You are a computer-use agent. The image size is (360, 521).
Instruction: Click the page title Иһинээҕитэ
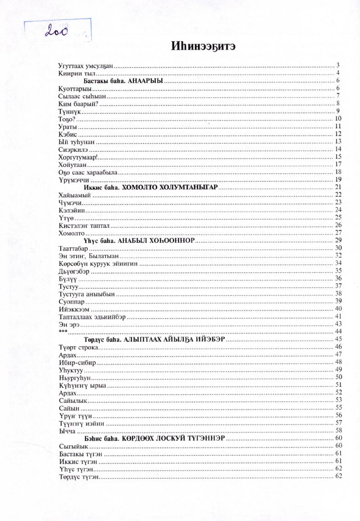point(204,46)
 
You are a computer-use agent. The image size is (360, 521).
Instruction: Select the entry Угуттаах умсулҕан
point(86,65)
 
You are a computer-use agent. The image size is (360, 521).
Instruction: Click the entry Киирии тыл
point(76,73)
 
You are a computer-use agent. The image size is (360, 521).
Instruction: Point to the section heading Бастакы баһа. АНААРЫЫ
point(123,80)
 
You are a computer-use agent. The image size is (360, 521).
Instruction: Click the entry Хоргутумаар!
point(79,157)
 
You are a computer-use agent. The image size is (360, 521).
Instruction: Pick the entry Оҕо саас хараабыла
point(88,172)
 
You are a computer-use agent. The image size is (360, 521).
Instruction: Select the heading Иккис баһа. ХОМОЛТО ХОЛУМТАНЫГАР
point(151,187)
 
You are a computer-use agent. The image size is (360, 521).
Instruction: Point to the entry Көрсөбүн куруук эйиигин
point(98,263)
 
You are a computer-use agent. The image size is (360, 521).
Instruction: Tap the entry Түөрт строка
point(79,347)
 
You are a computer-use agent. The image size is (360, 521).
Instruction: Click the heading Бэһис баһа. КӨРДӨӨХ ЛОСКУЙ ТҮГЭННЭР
point(154,438)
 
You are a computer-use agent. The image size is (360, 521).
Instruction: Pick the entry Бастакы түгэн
point(80,453)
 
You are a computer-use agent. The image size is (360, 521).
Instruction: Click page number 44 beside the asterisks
point(339,332)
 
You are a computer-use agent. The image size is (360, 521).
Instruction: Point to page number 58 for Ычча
point(339,430)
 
